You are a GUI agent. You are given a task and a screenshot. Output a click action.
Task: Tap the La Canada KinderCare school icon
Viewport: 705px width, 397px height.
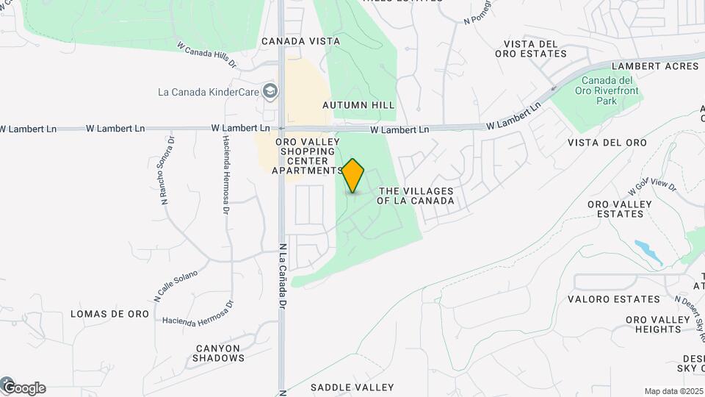pyautogui.click(x=270, y=91)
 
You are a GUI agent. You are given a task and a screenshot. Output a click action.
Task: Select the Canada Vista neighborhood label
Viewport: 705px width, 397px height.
pyautogui.click(x=300, y=41)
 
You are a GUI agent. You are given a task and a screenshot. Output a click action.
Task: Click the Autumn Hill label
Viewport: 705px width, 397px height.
pyautogui.click(x=358, y=105)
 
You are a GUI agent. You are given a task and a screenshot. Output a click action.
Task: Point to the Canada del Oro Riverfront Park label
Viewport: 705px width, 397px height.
pyautogui.click(x=611, y=90)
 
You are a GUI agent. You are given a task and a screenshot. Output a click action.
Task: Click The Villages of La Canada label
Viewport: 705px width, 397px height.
pyautogui.click(x=416, y=196)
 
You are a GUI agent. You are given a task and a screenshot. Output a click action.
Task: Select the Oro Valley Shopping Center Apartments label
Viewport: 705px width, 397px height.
pyautogui.click(x=307, y=156)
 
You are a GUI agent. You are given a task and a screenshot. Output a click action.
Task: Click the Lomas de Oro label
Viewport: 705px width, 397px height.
pyautogui.click(x=109, y=314)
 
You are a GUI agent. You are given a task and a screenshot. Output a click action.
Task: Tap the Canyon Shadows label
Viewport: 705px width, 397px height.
pyautogui.click(x=218, y=353)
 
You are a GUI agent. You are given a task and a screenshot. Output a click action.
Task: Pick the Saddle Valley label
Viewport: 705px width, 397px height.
pyautogui.click(x=352, y=387)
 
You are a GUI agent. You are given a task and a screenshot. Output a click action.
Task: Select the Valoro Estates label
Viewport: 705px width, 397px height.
pyautogui.click(x=614, y=299)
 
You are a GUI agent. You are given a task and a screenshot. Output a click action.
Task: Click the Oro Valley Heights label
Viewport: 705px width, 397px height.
pyautogui.click(x=654, y=324)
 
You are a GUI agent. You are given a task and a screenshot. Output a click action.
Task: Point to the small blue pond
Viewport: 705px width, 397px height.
pyautogui.click(x=648, y=251)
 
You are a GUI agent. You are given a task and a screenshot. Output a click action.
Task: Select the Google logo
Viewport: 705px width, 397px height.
pyautogui.click(x=23, y=387)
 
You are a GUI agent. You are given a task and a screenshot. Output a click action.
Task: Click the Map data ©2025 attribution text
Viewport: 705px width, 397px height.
pyautogui.click(x=673, y=391)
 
